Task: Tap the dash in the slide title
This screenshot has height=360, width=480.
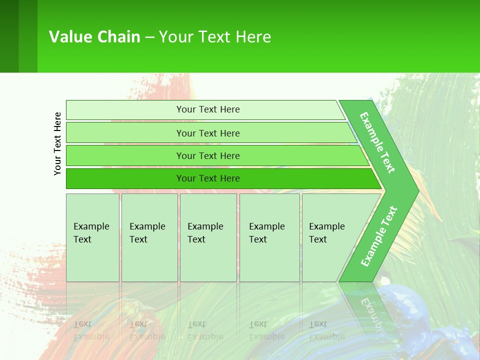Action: (149, 37)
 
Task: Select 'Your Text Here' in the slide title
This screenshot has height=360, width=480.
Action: (215, 37)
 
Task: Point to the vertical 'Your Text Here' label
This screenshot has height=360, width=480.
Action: (57, 143)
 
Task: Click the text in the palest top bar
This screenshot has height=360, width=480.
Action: (208, 109)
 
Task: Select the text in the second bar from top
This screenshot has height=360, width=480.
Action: (208, 133)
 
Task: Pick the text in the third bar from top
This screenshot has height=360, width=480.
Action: (208, 155)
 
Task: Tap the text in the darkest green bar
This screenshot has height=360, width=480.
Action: (208, 178)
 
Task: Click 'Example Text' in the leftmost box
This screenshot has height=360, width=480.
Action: (91, 233)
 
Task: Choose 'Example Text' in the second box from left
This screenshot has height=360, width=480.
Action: (147, 233)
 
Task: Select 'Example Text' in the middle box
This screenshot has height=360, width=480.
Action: (205, 233)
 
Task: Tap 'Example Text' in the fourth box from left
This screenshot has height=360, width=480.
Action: (266, 233)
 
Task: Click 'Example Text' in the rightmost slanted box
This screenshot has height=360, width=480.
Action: (326, 233)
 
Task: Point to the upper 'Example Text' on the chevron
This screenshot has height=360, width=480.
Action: (377, 142)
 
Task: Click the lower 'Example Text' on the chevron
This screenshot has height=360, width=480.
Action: (378, 236)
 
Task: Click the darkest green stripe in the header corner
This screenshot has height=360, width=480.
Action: (9, 36)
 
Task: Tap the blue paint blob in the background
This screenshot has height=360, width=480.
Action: (405, 310)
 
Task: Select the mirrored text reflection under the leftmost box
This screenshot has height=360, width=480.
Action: (91, 330)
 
